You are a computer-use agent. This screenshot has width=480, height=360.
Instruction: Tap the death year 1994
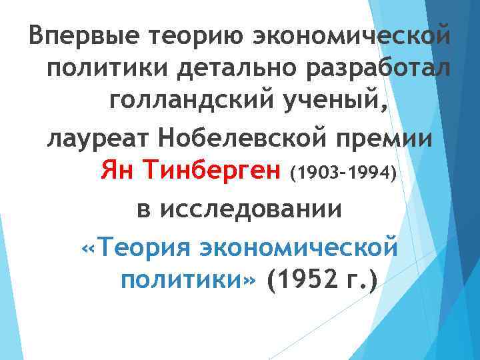click(370, 175)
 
